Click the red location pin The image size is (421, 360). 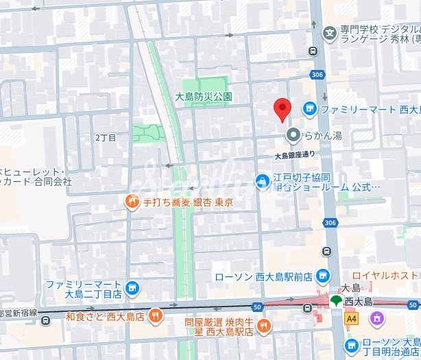tap(282, 108)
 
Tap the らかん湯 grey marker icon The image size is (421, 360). tap(293, 135)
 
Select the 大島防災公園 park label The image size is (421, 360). tap(204, 97)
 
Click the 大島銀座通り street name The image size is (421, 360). tap(295, 155)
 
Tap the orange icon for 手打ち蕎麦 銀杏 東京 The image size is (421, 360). tap(132, 202)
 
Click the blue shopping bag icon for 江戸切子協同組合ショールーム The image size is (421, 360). tap(262, 181)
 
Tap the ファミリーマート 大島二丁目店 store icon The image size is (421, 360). tap(134, 289)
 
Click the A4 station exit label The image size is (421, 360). tap(352, 318)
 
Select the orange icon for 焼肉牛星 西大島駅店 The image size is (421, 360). tap(264, 326)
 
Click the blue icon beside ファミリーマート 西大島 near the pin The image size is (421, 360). tap(309, 108)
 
